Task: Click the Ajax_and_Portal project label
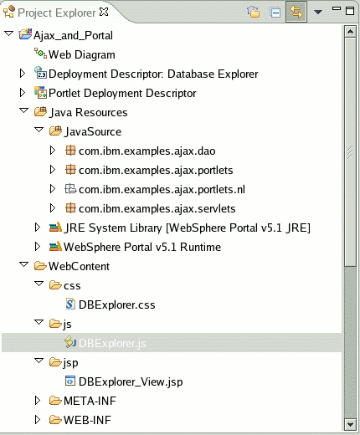coord(73,36)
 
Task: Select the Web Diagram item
coord(81,54)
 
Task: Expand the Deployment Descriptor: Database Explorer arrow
coord(23,74)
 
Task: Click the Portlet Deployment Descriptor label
coord(122,93)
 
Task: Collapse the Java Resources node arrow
coord(24,110)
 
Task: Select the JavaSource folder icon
coord(55,131)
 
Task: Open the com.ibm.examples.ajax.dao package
coord(147,151)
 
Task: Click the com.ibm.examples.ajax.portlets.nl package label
coord(162,190)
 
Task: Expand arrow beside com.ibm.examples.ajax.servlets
coord(53,208)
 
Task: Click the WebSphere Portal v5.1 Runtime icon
coord(55,247)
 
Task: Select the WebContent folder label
coord(79,267)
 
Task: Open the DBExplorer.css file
coord(116,304)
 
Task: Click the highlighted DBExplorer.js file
coord(112,343)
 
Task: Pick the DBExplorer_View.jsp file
coord(131,381)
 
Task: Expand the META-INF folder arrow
coord(38,401)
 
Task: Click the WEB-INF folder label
coord(87,420)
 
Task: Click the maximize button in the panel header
coord(350,11)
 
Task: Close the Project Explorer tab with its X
coord(104,12)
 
